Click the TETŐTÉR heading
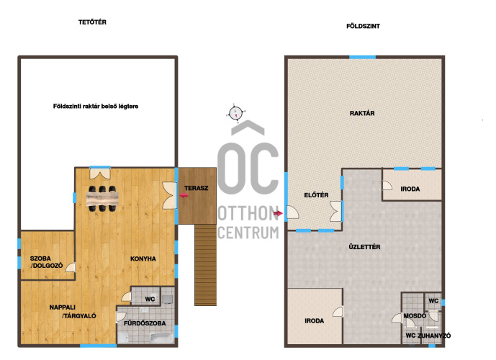92,22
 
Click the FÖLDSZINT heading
363,26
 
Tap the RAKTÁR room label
362,113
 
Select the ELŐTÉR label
316,195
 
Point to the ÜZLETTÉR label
364,247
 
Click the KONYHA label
143,258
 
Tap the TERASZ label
196,188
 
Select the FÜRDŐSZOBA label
145,323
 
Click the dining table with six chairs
102,199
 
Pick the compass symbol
235,113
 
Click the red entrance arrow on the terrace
184,196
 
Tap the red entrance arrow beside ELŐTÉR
278,214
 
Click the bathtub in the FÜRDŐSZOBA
162,338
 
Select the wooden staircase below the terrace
205,265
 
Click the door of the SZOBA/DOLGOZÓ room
71,267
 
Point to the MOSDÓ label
415,315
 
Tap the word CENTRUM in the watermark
248,233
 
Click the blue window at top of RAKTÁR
363,58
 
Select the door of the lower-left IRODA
338,312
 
